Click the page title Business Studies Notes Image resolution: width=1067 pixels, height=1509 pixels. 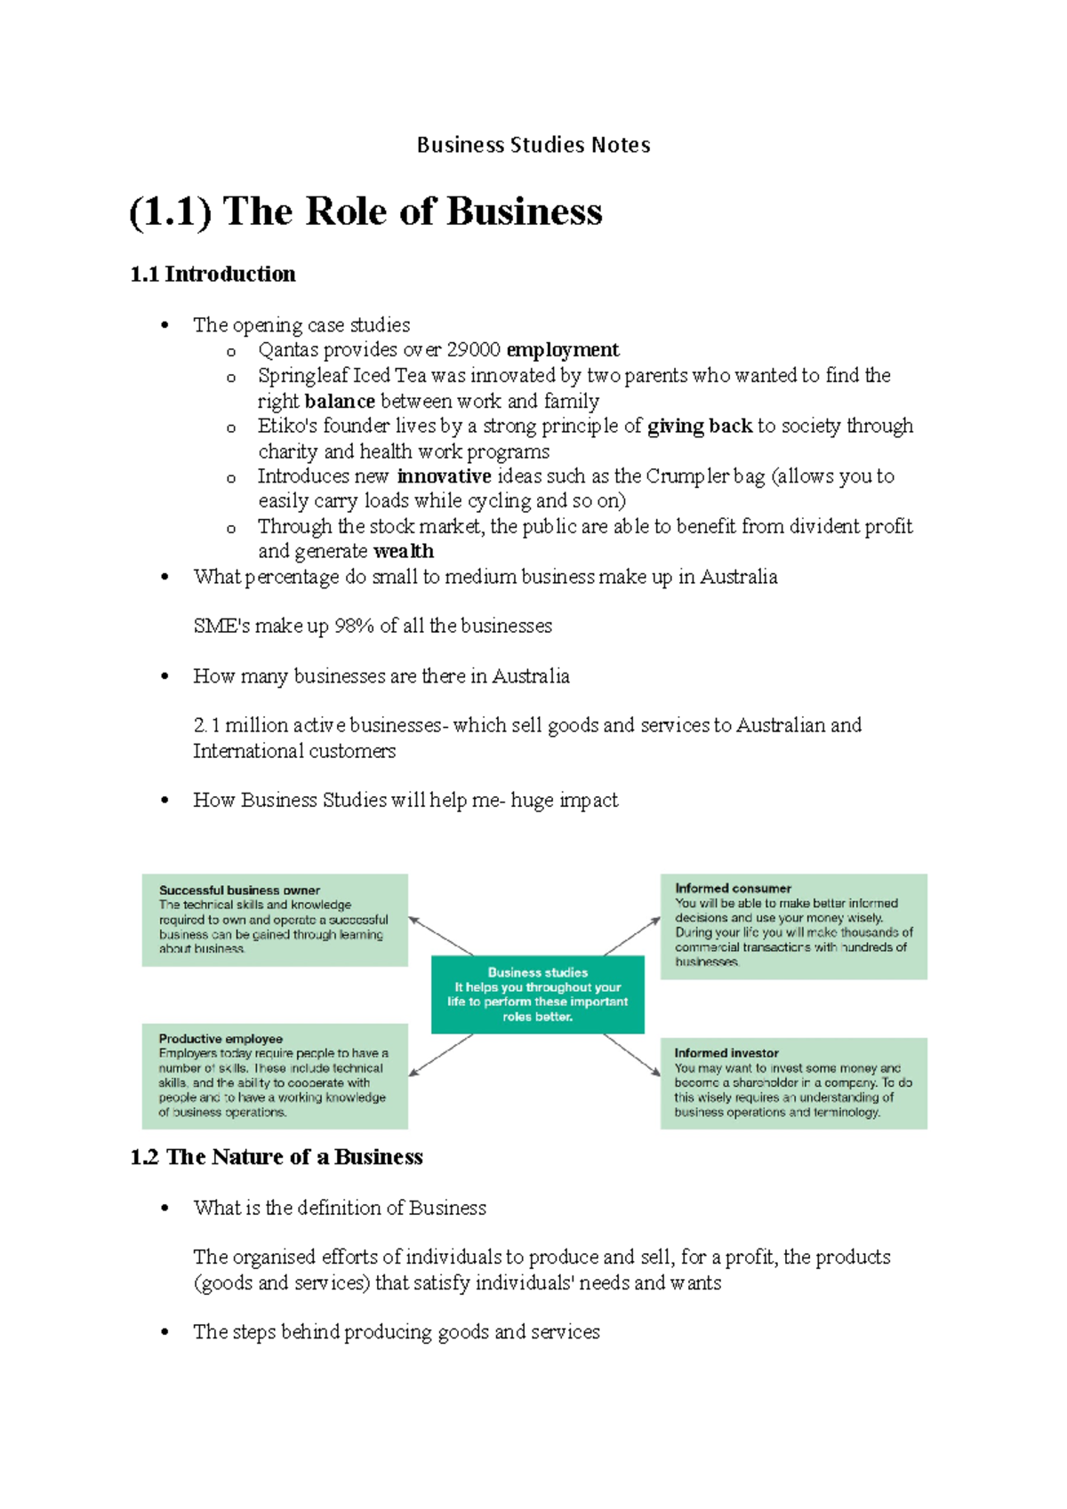click(533, 145)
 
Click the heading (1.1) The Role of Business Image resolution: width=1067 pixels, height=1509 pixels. click(365, 212)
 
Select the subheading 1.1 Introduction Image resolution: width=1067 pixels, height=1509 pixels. click(213, 274)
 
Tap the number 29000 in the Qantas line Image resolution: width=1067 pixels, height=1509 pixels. click(473, 349)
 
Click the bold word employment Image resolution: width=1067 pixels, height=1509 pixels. click(562, 349)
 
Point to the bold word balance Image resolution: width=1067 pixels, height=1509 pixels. click(339, 401)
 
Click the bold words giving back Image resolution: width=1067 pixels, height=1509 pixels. click(700, 426)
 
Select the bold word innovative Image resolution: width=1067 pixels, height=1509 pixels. click(444, 476)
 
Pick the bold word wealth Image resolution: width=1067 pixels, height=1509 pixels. click(404, 551)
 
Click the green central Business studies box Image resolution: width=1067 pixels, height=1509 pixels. click(537, 994)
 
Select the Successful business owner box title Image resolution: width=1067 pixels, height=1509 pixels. click(239, 890)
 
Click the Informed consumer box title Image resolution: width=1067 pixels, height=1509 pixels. click(733, 888)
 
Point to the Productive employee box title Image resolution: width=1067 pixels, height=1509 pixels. click(221, 1038)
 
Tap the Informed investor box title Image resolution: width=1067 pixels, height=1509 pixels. click(726, 1052)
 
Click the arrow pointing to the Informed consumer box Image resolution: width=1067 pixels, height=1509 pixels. click(632, 936)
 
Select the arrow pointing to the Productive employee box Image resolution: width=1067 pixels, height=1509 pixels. click(441, 1055)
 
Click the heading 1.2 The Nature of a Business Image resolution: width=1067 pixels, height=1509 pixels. click(277, 1156)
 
